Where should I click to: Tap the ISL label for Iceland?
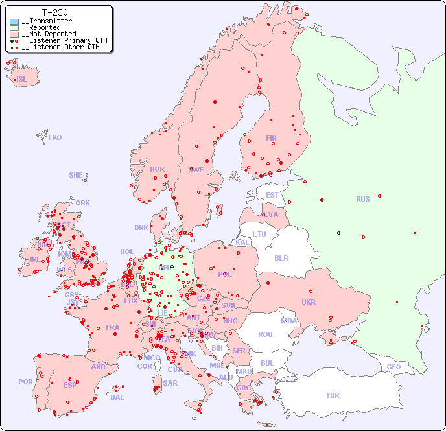(22, 80)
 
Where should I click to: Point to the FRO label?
(55, 137)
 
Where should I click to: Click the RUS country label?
(362, 199)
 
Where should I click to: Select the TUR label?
(333, 395)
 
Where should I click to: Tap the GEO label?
(393, 367)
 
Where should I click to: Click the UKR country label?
(309, 302)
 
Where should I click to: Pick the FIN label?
(271, 138)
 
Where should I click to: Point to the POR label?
(25, 382)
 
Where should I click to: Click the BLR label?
(281, 257)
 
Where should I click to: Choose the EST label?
(272, 195)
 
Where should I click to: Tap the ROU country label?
(265, 334)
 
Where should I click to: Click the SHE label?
(76, 175)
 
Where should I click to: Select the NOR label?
(157, 169)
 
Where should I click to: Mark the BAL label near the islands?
(117, 397)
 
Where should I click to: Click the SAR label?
(170, 383)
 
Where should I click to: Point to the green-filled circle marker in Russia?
(338, 233)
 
